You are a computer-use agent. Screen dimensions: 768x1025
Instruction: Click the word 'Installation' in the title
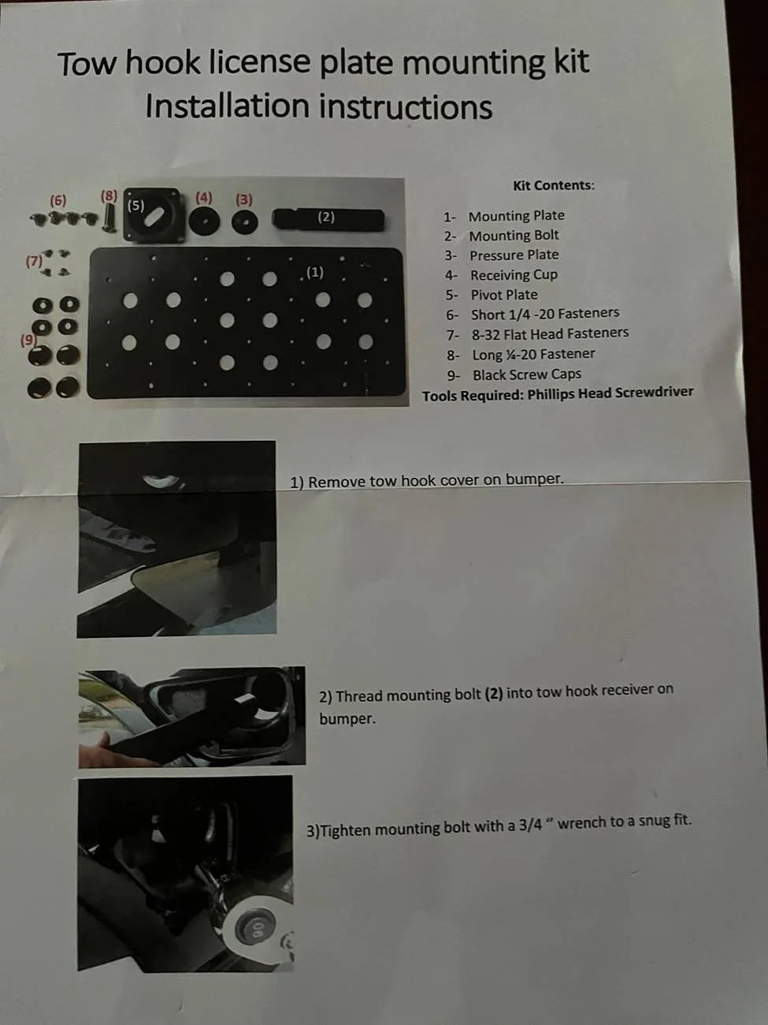tap(228, 106)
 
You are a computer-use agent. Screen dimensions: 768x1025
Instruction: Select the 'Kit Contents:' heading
tap(554, 185)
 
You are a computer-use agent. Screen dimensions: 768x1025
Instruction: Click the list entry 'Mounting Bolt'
tap(514, 236)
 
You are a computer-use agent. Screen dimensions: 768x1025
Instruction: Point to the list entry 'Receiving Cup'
tap(514, 275)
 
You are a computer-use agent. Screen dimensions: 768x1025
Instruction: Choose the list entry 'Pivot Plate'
tap(504, 295)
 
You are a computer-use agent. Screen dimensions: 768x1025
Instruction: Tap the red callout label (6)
tap(58, 201)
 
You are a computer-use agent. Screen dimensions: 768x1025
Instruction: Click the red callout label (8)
tap(109, 196)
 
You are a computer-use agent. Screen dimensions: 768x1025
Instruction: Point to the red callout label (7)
tap(34, 261)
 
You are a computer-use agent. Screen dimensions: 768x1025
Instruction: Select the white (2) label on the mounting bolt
tap(326, 217)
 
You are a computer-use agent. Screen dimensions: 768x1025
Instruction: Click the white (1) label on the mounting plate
tap(315, 272)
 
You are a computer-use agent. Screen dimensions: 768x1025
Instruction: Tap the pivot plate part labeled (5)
tap(153, 214)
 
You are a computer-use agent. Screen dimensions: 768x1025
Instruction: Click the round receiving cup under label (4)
tap(204, 221)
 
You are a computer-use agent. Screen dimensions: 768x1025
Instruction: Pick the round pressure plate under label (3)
tap(244, 222)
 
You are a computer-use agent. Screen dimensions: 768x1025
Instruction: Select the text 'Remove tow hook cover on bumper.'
tap(436, 480)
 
